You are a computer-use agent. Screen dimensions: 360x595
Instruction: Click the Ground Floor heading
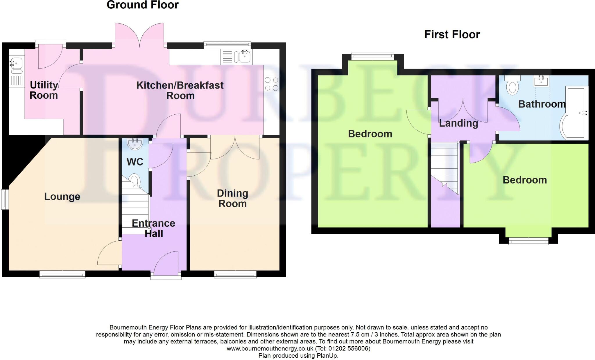coord(142,5)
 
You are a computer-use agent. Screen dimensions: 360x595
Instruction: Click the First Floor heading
coord(452,35)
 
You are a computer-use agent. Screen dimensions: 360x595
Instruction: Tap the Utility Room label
coord(44,90)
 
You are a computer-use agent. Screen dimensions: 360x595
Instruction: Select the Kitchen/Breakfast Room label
coord(180,90)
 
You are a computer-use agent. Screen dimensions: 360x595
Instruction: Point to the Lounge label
coord(62,197)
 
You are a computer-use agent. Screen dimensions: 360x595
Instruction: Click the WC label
coord(135,162)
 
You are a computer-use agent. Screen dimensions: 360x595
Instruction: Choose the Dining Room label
coord(232,198)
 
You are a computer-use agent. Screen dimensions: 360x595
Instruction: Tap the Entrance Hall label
coord(153,228)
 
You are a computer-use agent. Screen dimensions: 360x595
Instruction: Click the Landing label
coord(458,123)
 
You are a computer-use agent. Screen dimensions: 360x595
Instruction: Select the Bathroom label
coord(542,104)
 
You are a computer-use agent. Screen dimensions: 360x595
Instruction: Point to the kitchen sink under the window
coord(245,56)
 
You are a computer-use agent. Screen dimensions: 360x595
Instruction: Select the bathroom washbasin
coord(541,81)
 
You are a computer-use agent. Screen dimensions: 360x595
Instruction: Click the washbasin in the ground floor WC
coord(135,144)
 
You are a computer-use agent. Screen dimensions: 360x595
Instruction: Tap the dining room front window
coord(235,274)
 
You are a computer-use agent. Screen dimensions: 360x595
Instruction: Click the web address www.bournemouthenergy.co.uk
coord(270,348)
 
